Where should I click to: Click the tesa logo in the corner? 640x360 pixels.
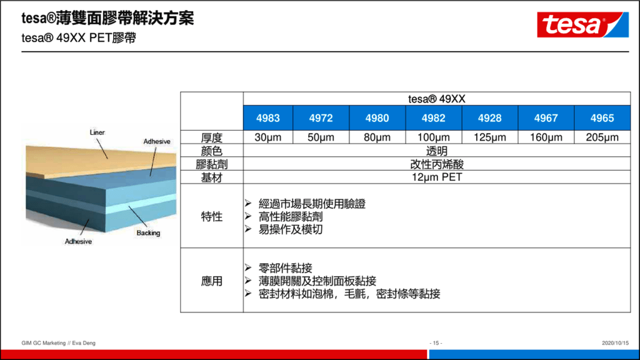582,24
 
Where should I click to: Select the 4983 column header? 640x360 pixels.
267,118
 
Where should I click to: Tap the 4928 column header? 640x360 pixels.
490,118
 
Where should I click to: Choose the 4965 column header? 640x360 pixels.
602,118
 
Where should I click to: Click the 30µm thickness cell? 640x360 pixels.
267,137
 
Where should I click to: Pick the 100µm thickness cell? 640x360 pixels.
434,137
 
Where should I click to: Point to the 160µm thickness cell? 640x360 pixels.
546,137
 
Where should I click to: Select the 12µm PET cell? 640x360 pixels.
437,177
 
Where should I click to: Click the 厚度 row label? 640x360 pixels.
211,137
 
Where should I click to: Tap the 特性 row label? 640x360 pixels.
211,216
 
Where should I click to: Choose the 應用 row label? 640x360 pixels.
211,281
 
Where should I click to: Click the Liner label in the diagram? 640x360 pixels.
97,132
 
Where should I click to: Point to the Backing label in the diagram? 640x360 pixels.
148,232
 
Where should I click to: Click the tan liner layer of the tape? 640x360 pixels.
98,161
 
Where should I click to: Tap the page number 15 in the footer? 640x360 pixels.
436,343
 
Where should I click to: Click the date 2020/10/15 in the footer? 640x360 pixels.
615,343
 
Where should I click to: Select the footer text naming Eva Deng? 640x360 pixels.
58,343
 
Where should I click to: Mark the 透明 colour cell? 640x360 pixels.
437,151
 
